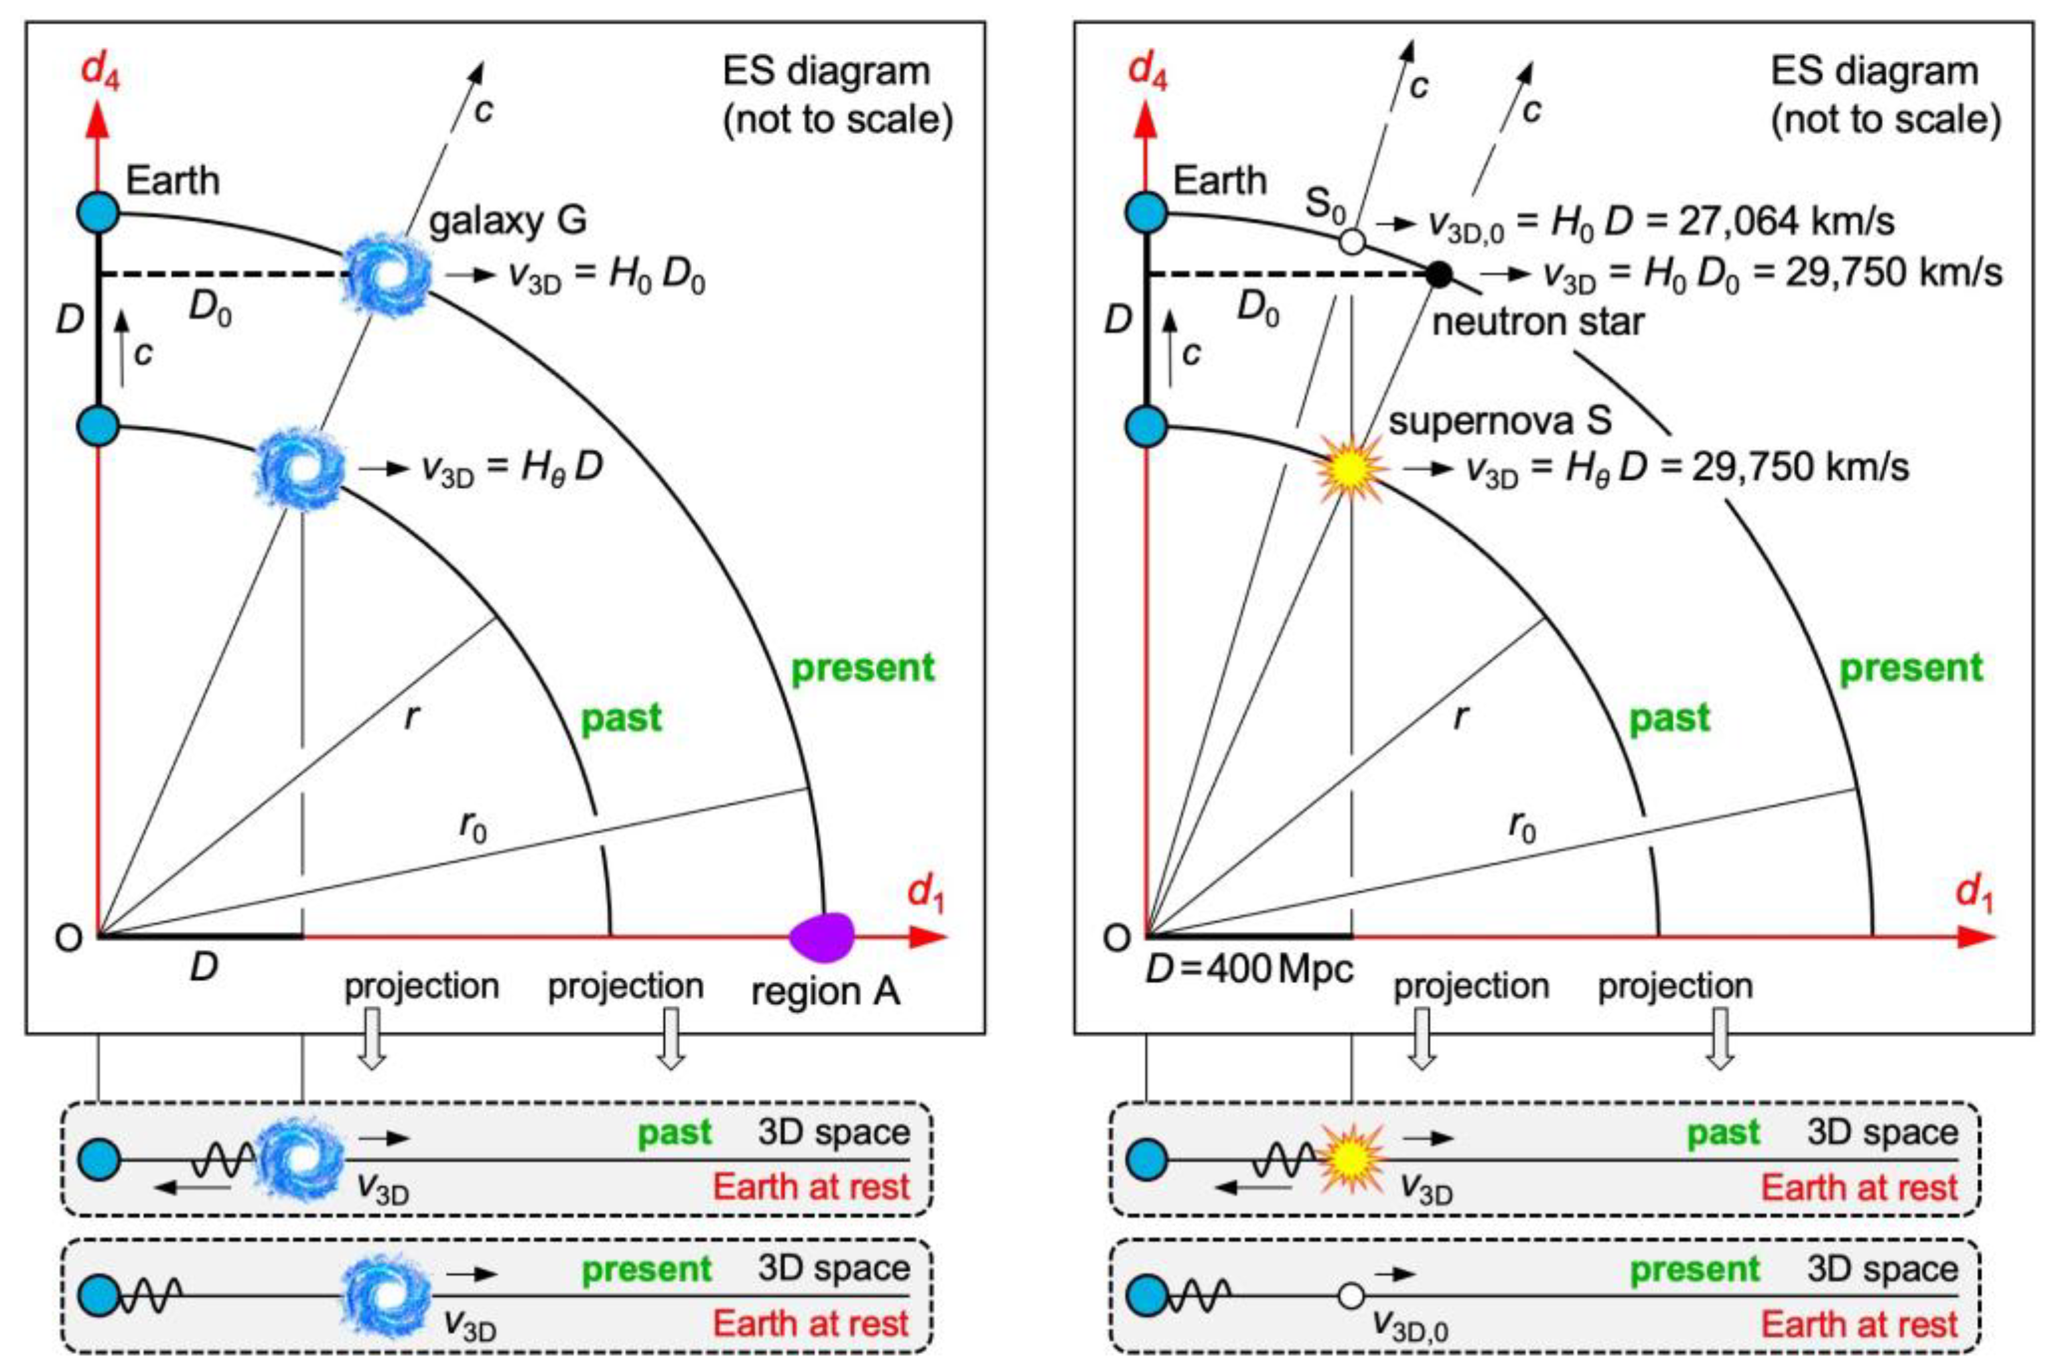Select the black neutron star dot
pyautogui.click(x=1438, y=274)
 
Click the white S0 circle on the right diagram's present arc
pyautogui.click(x=1351, y=240)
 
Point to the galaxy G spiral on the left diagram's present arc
pyautogui.click(x=385, y=274)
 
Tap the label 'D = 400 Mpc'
pyautogui.click(x=1249, y=970)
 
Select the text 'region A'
pyautogui.click(x=825, y=992)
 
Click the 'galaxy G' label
pyautogui.click(x=508, y=220)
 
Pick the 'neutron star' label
pyautogui.click(x=1538, y=322)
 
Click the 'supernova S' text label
pyautogui.click(x=1499, y=421)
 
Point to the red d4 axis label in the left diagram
pyautogui.click(x=100, y=70)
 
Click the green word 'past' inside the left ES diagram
pyautogui.click(x=621, y=718)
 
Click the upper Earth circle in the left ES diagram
pyautogui.click(x=99, y=213)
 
